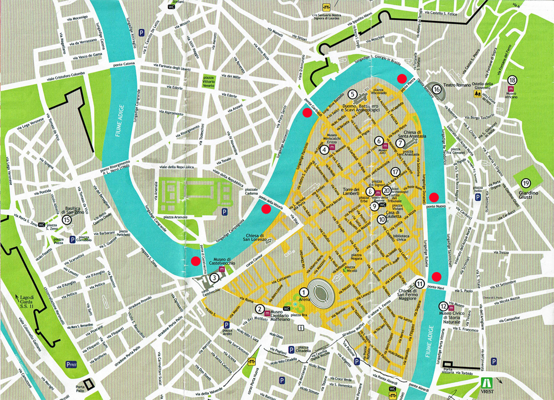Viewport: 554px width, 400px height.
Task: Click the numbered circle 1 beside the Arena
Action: click(x=304, y=292)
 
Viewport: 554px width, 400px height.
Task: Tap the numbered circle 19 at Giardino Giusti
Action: click(x=526, y=183)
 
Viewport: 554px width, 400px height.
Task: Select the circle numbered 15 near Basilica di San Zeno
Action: click(x=68, y=220)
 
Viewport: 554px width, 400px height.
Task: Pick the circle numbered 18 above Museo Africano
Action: click(x=512, y=80)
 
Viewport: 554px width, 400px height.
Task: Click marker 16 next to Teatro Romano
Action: click(x=437, y=89)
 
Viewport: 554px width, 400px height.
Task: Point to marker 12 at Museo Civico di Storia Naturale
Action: click(x=443, y=306)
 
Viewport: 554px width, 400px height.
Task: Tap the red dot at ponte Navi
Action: click(x=437, y=277)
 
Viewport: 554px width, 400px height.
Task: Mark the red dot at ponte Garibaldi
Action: click(x=306, y=113)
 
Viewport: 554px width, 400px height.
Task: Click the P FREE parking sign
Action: click(x=71, y=364)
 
